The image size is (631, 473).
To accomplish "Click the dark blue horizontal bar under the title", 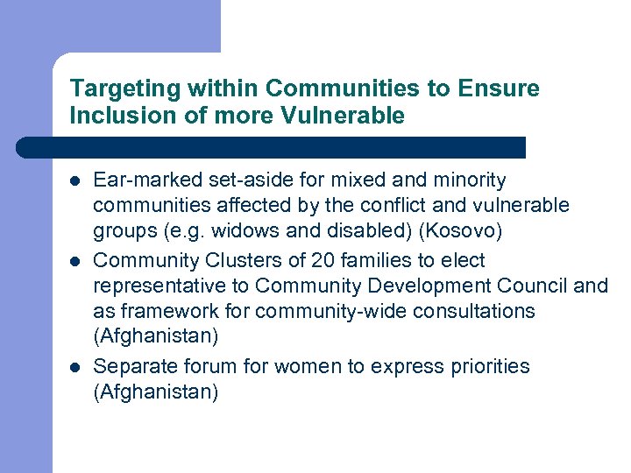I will click(x=272, y=147).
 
